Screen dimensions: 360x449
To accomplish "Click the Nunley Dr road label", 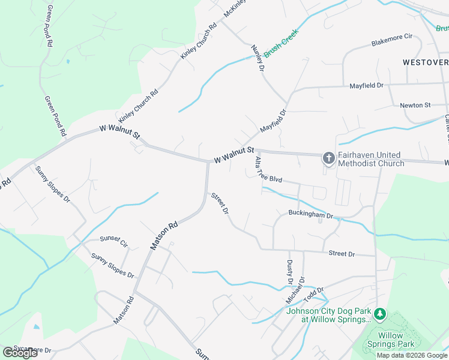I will coord(258,58).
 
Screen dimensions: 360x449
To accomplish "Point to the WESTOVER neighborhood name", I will coord(425,62).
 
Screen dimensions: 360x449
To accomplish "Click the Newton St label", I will coord(415,105).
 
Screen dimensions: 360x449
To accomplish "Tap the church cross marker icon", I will coord(328,158).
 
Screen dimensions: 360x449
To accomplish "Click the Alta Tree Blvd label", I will coord(268,170).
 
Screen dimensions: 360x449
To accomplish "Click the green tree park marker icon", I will coord(379,313).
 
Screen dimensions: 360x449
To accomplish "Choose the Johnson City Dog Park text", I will coord(329,315).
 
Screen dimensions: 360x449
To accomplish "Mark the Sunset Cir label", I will coord(114,242).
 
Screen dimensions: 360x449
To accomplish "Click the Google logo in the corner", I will coord(20,352).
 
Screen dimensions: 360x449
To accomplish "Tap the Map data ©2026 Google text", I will coord(412,355).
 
